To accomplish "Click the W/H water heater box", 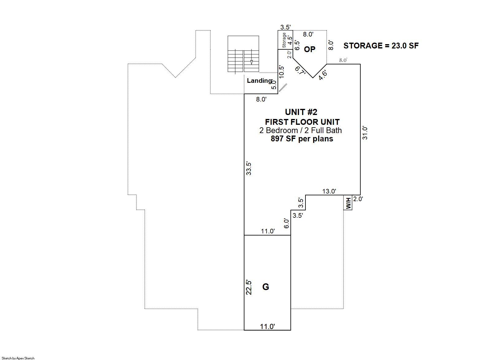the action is (x=348, y=203).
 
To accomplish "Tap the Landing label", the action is (x=259, y=81).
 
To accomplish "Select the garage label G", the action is (x=266, y=287).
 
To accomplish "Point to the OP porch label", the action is (x=309, y=49).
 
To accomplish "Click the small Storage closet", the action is (x=286, y=40).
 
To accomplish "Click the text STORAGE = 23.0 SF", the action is (x=381, y=46).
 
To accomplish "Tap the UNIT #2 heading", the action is (x=301, y=112).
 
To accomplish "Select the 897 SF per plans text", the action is (x=302, y=139).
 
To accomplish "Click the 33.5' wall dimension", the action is (x=249, y=168).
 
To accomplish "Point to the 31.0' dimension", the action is (x=365, y=133).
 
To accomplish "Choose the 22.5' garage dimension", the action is (x=249, y=287).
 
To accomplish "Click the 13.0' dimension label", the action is (x=329, y=191).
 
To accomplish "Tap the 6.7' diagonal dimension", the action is (x=300, y=71).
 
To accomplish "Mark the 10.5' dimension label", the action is (x=282, y=72).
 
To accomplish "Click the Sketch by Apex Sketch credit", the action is (x=18, y=358).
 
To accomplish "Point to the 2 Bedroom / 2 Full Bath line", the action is (x=301, y=130).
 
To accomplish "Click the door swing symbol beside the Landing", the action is (x=283, y=88).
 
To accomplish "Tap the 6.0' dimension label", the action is (x=286, y=223).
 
